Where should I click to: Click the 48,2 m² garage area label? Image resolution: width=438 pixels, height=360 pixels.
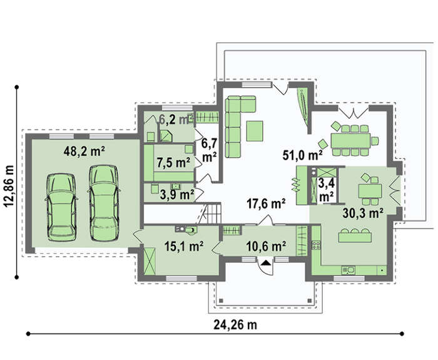coord(84,152)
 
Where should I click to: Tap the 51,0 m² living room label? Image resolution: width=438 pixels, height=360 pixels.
coord(302,155)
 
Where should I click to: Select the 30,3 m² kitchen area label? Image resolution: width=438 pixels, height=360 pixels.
coord(363,213)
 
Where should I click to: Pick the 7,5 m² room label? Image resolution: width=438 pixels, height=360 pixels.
coord(173,162)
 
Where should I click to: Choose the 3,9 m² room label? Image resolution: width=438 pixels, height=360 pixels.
coord(177,195)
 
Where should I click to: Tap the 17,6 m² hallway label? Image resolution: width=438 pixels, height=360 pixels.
coord(266,203)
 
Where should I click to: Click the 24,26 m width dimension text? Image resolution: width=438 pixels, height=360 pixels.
coord(235,325)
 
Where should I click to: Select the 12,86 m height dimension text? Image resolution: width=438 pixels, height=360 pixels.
coord(9,187)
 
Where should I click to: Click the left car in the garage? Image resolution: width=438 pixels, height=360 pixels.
coord(61,207)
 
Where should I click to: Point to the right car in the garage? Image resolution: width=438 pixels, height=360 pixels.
coord(104,203)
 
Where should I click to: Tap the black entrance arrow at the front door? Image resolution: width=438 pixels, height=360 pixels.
coord(267,262)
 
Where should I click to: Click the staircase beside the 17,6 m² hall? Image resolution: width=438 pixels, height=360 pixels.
coord(211,213)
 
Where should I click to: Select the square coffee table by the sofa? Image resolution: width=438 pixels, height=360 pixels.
coord(255,131)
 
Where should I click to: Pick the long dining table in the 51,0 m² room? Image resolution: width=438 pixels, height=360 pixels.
coord(350,141)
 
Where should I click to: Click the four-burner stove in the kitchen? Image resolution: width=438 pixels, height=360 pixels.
coord(316,245)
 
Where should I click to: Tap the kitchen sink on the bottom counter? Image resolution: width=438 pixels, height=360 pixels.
coord(348,270)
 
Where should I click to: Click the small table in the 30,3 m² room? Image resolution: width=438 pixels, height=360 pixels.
coord(370,191)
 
